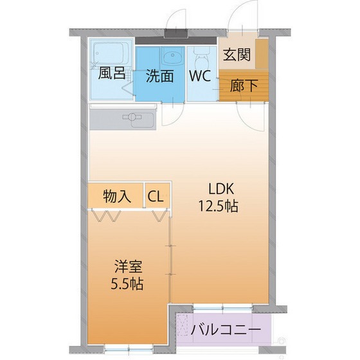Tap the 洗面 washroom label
tap(159, 75)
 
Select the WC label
tap(200, 75)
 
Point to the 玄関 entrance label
tap(236, 55)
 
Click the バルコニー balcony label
tap(226, 331)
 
